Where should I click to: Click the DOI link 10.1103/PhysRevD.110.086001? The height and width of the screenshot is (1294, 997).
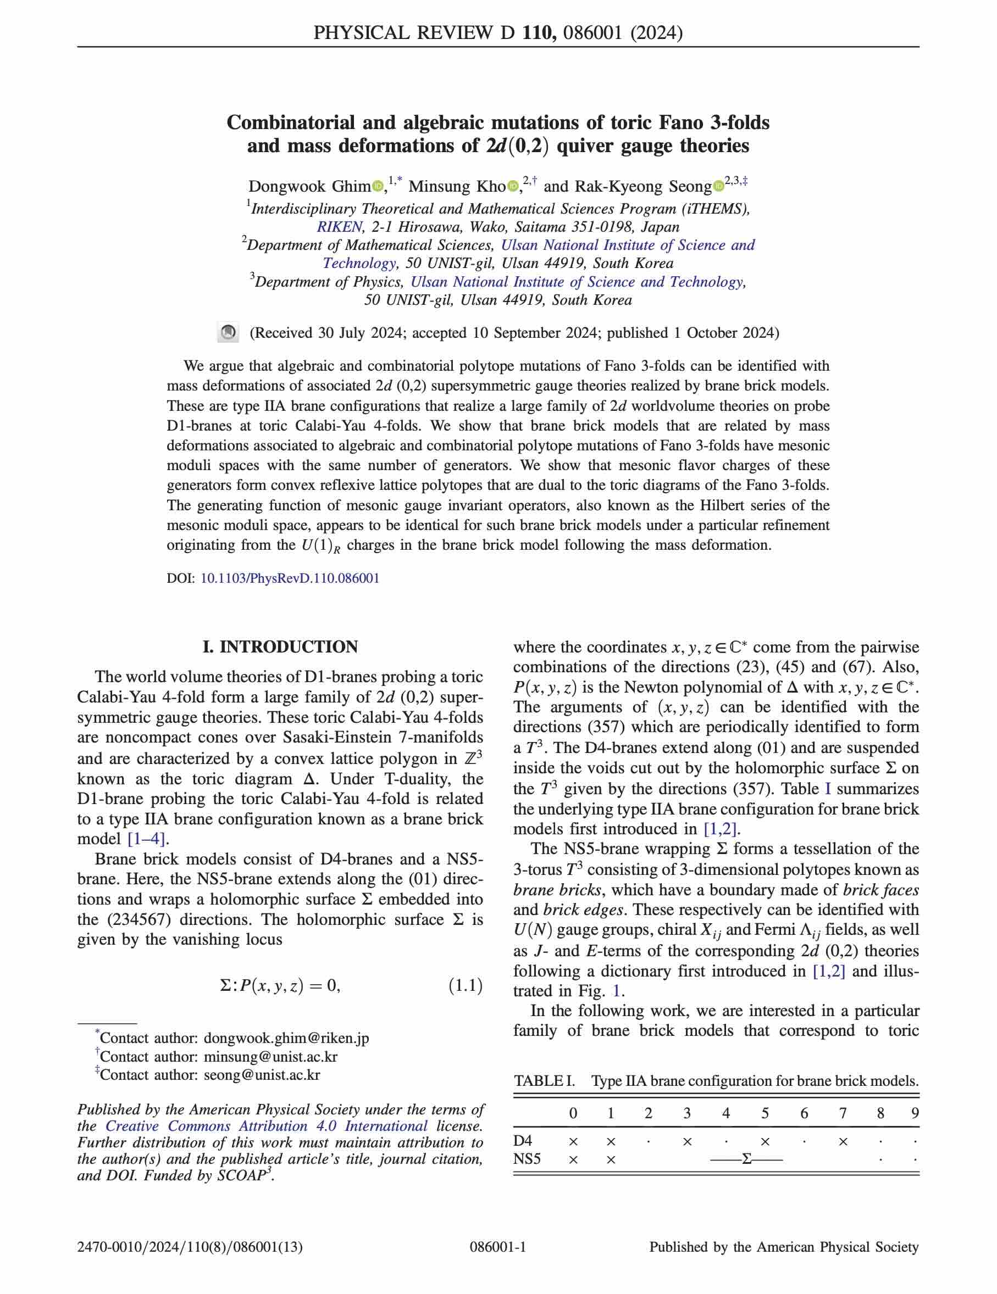(x=290, y=578)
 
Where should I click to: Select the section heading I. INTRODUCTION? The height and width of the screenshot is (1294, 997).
(x=280, y=646)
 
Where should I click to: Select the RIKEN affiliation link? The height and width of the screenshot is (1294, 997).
(x=339, y=227)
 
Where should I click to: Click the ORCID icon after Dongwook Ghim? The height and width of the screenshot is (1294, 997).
(x=378, y=187)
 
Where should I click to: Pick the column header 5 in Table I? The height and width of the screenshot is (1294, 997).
(x=765, y=1113)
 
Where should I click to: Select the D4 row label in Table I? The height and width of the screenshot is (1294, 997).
(x=523, y=1141)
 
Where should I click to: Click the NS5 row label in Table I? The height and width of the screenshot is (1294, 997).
(x=527, y=1159)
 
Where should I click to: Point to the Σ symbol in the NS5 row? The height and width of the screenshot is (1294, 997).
(x=746, y=1159)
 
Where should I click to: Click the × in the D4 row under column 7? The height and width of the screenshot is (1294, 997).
(x=843, y=1141)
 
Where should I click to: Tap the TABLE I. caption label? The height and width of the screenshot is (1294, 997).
(x=544, y=1081)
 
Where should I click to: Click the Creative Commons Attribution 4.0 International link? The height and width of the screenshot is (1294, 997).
(x=267, y=1126)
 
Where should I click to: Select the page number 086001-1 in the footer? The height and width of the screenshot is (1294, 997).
(x=498, y=1247)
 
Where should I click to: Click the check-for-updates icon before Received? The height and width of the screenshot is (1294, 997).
(x=228, y=332)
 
